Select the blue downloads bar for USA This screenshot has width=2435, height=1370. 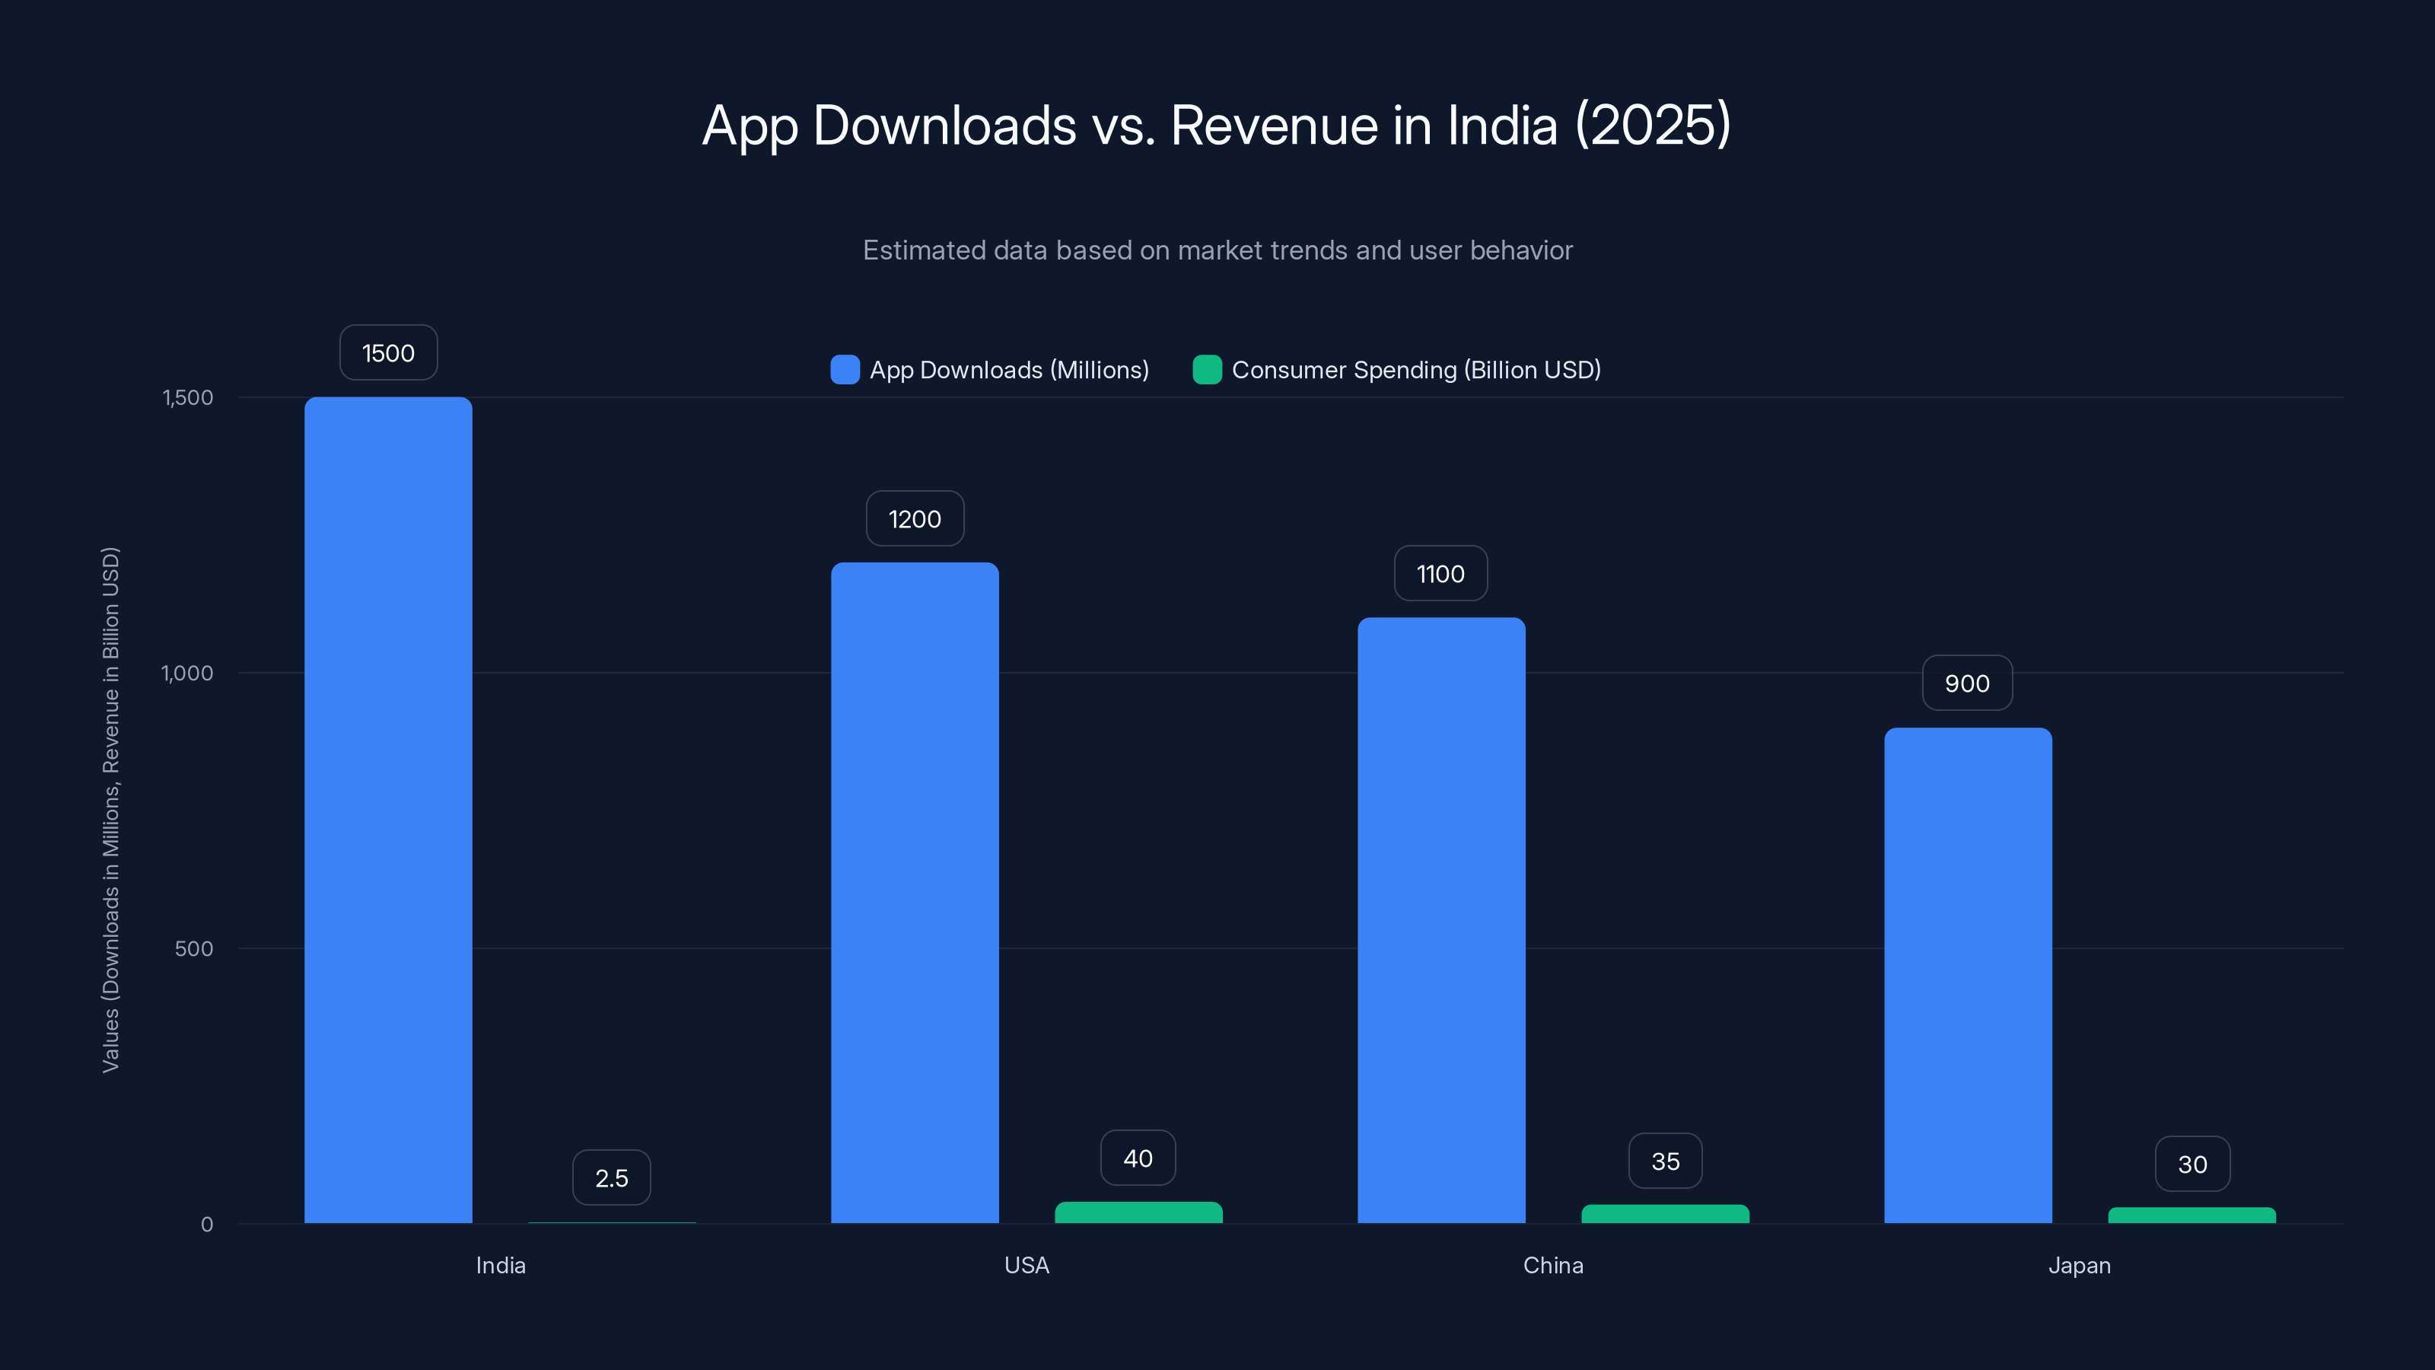[x=914, y=893]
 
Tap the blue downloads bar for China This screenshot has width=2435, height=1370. [x=1440, y=920]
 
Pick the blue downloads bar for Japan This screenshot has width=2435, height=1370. [x=1967, y=975]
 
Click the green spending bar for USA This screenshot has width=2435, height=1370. [x=1138, y=1212]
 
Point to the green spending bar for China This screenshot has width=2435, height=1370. [x=1665, y=1214]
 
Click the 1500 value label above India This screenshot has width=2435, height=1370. [x=387, y=352]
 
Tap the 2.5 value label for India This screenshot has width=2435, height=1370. [x=610, y=1178]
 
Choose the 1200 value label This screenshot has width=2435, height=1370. [x=914, y=519]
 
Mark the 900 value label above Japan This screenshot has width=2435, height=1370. [x=1967, y=683]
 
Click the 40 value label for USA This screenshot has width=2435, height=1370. [x=1138, y=1158]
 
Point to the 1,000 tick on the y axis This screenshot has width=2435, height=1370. [x=187, y=673]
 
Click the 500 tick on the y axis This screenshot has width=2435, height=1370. [x=194, y=948]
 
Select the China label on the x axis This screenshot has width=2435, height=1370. [x=1553, y=1265]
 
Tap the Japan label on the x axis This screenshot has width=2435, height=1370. [x=2079, y=1265]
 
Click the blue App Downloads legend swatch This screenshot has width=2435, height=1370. [x=844, y=370]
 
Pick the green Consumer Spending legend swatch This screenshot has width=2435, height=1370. [x=1207, y=370]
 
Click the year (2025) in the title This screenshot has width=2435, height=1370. [x=1652, y=125]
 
